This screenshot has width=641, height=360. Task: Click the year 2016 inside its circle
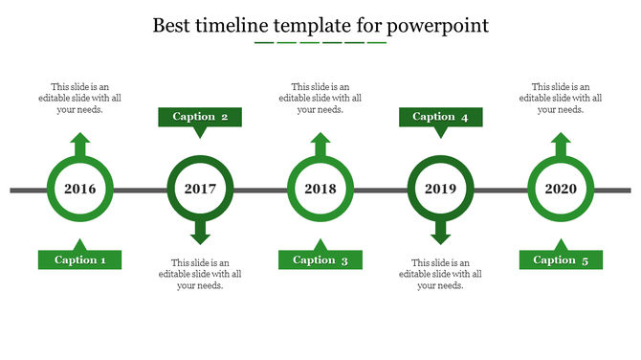[x=80, y=190]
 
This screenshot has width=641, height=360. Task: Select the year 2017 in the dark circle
[x=200, y=190]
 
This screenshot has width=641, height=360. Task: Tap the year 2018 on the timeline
[x=320, y=190]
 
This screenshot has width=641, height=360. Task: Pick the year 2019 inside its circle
[x=440, y=190]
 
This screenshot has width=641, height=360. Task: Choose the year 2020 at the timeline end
[x=561, y=190]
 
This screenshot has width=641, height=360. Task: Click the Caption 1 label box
[x=79, y=260]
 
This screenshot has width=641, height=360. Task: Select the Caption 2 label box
[x=200, y=117]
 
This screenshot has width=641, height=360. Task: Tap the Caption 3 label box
[x=320, y=260]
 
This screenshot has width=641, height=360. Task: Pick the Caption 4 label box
[x=440, y=117]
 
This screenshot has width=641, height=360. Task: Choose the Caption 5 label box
[x=561, y=260]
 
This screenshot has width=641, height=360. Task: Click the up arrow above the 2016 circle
[x=80, y=145]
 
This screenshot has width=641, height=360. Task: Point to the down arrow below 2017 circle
[x=200, y=233]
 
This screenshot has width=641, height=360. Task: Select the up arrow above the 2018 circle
[x=320, y=145]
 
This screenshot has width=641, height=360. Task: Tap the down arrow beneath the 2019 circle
[x=440, y=233]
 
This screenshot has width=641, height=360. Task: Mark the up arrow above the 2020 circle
[x=561, y=145]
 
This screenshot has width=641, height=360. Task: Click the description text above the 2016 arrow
[x=80, y=98]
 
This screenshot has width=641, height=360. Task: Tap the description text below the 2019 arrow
[x=440, y=274]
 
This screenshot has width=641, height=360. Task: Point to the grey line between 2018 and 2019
[x=381, y=191]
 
